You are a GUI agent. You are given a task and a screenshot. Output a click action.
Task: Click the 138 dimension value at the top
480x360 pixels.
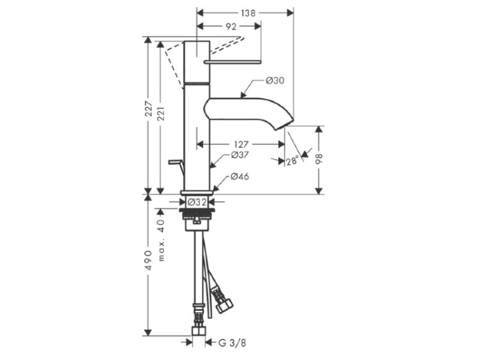(248, 13)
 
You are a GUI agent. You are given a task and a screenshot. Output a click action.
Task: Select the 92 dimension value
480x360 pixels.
(231, 27)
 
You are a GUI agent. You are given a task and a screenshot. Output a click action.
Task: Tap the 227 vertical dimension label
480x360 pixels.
(148, 109)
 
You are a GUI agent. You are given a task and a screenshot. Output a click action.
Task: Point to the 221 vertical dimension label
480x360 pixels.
(161, 113)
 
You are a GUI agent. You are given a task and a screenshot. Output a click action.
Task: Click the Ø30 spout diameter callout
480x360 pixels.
(275, 81)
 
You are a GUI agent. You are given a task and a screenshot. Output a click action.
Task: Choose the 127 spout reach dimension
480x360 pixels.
(241, 145)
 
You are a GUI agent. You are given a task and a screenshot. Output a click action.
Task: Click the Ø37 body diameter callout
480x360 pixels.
(239, 155)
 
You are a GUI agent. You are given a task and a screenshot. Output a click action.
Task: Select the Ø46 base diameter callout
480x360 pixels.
(240, 176)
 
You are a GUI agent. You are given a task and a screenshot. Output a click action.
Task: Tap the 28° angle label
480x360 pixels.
(292, 161)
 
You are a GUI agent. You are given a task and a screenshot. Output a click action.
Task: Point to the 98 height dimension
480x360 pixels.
(319, 159)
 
